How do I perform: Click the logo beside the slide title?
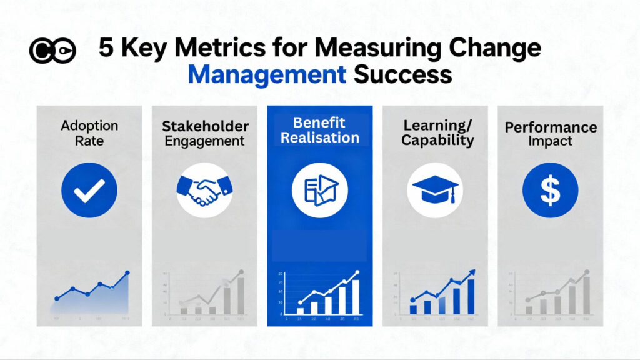click(52, 51)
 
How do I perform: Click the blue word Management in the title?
click(267, 74)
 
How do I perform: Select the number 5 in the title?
click(107, 49)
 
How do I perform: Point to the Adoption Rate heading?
click(89, 132)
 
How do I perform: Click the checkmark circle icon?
click(89, 191)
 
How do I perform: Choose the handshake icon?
click(204, 189)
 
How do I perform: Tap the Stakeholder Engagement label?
click(204, 133)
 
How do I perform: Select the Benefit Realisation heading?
click(319, 129)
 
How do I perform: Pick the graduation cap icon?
click(434, 189)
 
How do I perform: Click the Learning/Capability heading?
click(434, 132)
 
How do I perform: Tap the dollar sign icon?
click(550, 191)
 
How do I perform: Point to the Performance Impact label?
click(551, 134)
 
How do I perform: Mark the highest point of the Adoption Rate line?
click(127, 273)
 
